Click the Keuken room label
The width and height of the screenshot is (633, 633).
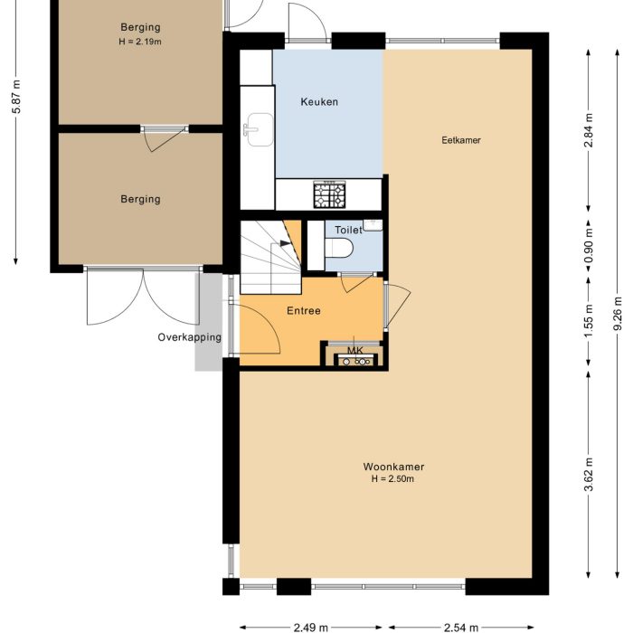(x=319, y=102)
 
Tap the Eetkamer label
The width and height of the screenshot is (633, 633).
(x=460, y=140)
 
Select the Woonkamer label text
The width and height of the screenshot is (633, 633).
(x=393, y=467)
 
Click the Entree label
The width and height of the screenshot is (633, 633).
(x=304, y=311)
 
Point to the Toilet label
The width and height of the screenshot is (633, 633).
(x=348, y=231)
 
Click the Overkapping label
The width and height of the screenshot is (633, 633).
(x=189, y=337)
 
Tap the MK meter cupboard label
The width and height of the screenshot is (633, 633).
(x=354, y=350)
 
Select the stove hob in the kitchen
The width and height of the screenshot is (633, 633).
(x=329, y=194)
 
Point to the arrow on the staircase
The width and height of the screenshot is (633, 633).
(x=286, y=242)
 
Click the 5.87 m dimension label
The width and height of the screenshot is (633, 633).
(x=16, y=97)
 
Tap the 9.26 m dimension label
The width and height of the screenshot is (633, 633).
(x=618, y=315)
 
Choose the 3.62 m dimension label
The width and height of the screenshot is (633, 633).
(x=590, y=476)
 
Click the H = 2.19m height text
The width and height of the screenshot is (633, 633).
(x=140, y=42)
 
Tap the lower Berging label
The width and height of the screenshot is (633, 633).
(x=140, y=199)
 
